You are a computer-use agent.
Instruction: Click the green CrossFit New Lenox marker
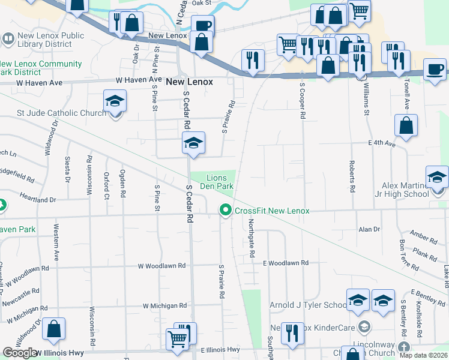[226, 210]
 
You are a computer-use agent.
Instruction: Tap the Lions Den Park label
[220, 182]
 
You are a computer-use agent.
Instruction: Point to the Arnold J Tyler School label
[308, 305]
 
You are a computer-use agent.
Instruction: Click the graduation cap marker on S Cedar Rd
[193, 143]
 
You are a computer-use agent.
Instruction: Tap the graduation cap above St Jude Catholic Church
[115, 101]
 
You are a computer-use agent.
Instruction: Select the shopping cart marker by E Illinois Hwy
[178, 340]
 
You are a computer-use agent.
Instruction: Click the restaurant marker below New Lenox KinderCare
[292, 335]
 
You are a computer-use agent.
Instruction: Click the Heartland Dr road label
[37, 199]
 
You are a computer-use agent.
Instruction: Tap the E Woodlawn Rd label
[285, 263]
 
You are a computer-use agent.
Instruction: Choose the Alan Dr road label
[369, 229]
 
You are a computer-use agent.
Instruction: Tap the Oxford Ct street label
[106, 185]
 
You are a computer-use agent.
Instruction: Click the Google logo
[20, 353]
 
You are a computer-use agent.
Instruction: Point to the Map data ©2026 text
[423, 355]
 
